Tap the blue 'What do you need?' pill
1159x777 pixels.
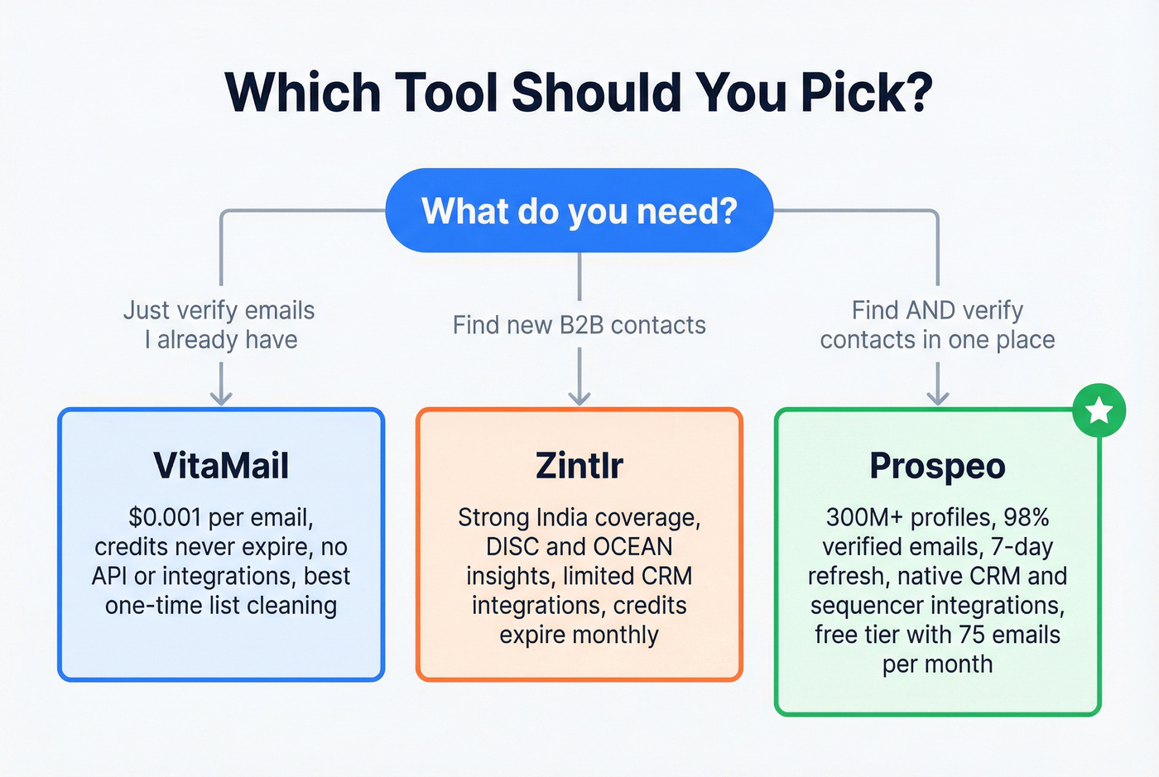579,211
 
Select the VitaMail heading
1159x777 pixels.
221,466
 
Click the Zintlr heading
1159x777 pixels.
579,466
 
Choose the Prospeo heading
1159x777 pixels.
937,466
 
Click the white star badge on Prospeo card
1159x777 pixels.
1099,410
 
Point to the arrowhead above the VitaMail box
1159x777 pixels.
221,397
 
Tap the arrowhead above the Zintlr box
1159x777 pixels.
579,397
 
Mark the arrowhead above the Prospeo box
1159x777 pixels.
937,397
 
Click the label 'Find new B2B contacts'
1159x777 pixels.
579,325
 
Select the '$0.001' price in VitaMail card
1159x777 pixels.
165,518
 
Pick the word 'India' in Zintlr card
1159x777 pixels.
561,518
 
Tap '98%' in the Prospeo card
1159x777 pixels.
1027,518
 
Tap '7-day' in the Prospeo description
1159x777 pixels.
1022,547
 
